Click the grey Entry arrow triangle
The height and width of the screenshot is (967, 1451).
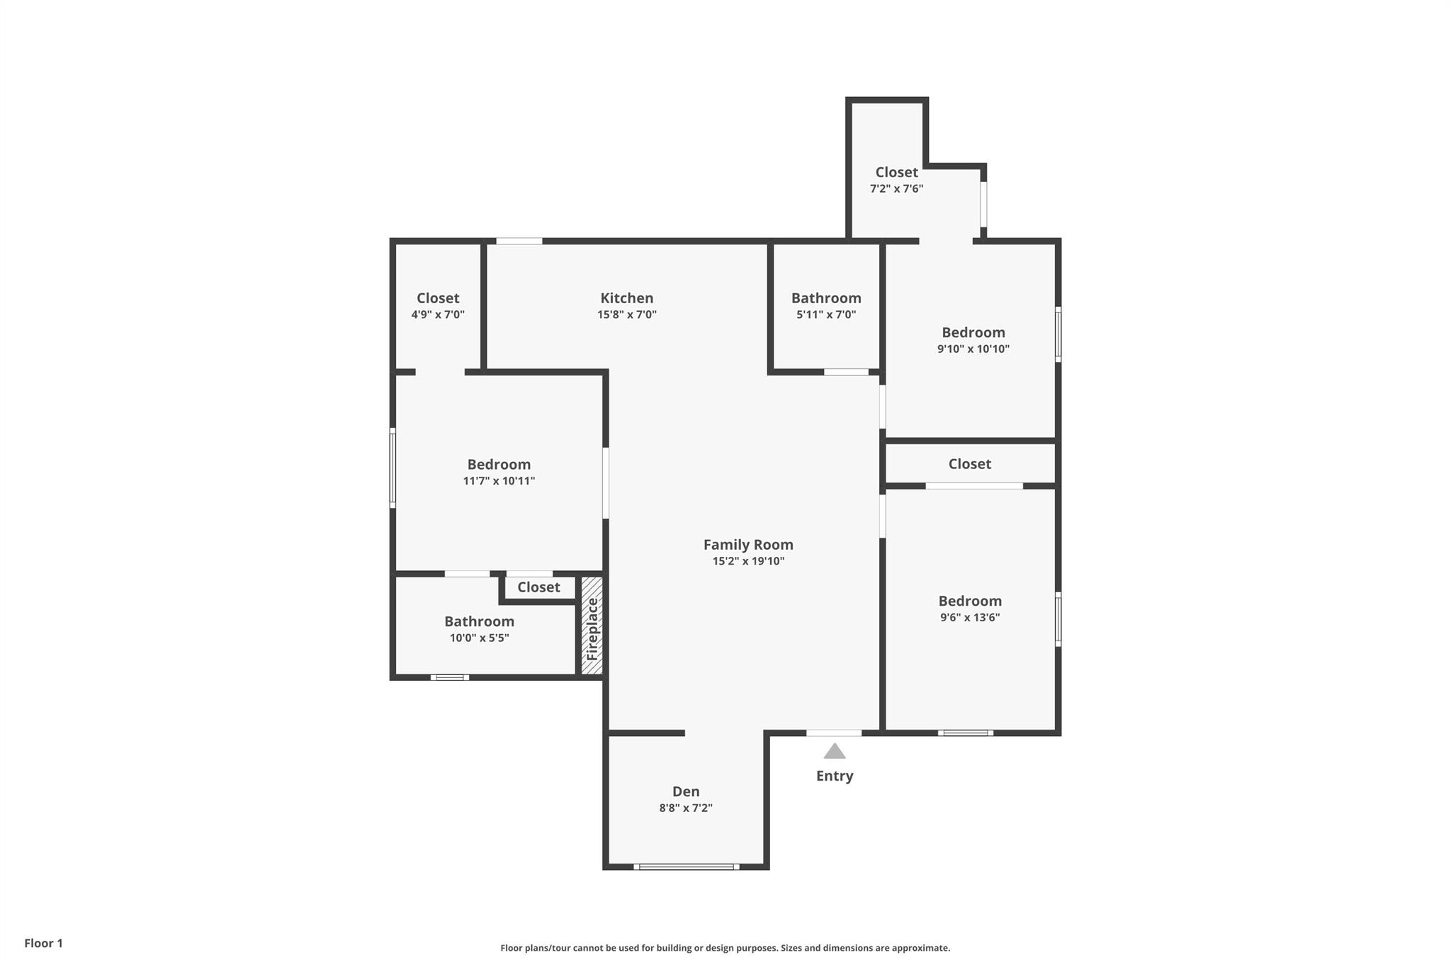point(835,751)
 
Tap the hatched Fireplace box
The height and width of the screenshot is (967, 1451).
point(592,626)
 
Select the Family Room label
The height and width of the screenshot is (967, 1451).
point(748,545)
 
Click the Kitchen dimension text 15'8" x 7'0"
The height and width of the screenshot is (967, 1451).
point(627,315)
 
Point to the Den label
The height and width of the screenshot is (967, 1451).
point(686,791)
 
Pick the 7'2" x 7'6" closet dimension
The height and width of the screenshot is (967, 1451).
point(897,188)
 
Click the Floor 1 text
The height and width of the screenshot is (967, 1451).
point(44,943)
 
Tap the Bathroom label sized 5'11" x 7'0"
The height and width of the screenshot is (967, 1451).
point(826,298)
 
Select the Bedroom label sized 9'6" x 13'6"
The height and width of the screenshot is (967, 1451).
point(970,601)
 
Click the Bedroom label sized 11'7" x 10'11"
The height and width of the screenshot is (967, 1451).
point(499,465)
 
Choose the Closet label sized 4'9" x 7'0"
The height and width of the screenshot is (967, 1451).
point(438,298)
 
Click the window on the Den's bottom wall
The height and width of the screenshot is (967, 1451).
point(687,866)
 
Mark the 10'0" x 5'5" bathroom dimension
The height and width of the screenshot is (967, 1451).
point(480,638)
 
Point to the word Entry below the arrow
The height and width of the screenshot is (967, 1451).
point(835,776)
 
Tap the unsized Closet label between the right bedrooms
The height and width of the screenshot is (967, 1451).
point(970,464)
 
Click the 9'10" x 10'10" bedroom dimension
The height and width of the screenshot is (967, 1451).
point(973,349)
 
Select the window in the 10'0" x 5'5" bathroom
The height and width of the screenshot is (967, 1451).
point(450,677)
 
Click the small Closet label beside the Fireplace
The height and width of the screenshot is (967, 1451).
point(538,587)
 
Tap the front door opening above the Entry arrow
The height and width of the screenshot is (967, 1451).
point(834,733)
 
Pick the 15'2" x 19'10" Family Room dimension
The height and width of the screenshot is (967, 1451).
point(748,561)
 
